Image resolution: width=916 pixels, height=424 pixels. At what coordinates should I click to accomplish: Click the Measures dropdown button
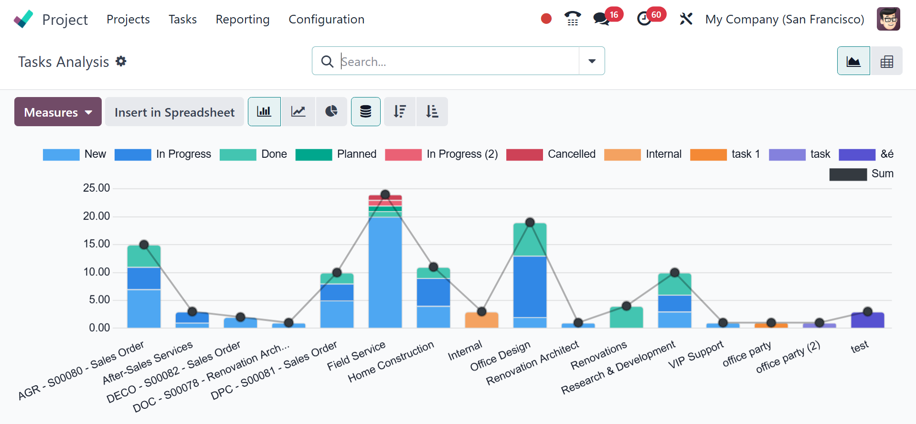click(x=58, y=112)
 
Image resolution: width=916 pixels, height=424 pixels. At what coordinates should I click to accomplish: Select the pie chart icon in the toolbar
click(x=331, y=111)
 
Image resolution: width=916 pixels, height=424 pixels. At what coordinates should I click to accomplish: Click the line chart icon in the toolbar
click(x=298, y=111)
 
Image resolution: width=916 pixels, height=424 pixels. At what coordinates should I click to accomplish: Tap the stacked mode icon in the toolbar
click(x=366, y=111)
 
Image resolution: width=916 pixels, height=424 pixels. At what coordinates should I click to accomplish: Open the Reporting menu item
click(x=243, y=19)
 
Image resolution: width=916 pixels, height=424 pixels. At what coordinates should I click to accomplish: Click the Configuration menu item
click(x=326, y=19)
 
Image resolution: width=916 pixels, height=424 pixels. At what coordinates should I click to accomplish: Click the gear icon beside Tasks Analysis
click(x=121, y=61)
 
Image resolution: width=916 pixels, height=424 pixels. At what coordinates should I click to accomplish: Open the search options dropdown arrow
click(x=592, y=61)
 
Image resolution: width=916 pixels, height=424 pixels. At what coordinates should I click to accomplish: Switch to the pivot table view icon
click(x=886, y=61)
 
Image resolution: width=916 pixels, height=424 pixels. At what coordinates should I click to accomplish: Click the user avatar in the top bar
click(x=888, y=19)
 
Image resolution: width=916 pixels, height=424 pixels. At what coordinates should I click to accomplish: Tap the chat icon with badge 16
click(x=601, y=19)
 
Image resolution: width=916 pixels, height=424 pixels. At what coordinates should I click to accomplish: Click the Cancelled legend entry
click(x=551, y=154)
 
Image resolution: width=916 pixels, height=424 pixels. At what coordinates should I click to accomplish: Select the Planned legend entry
click(x=336, y=154)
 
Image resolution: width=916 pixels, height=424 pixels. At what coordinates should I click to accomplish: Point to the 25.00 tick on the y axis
click(x=96, y=188)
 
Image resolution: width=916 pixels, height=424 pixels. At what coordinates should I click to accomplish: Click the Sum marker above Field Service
click(x=385, y=195)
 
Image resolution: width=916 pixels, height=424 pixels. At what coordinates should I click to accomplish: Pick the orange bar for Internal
click(x=481, y=320)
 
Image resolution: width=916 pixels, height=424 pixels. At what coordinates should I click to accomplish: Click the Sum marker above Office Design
click(x=530, y=222)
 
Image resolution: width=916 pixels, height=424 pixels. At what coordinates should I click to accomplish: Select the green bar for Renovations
click(x=626, y=317)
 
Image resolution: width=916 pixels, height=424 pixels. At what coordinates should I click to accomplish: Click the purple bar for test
click(x=867, y=320)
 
